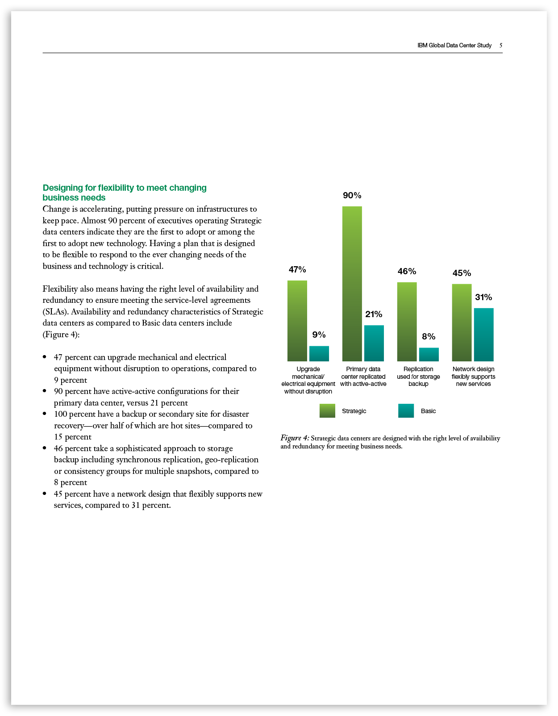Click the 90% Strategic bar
[352, 284]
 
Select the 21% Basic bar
[374, 343]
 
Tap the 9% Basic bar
[319, 353]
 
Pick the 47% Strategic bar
[297, 321]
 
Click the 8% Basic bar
[429, 354]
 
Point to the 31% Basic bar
[483, 335]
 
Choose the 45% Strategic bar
[462, 322]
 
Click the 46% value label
[407, 272]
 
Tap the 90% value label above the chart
[352, 196]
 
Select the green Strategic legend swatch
[327, 411]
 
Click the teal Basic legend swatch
[406, 411]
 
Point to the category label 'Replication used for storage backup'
[418, 377]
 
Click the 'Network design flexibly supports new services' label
[473, 377]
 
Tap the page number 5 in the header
[501, 46]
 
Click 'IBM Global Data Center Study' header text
[454, 46]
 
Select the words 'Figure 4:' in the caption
[295, 438]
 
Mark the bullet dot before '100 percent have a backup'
[45, 414]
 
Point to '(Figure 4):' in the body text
[61, 335]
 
